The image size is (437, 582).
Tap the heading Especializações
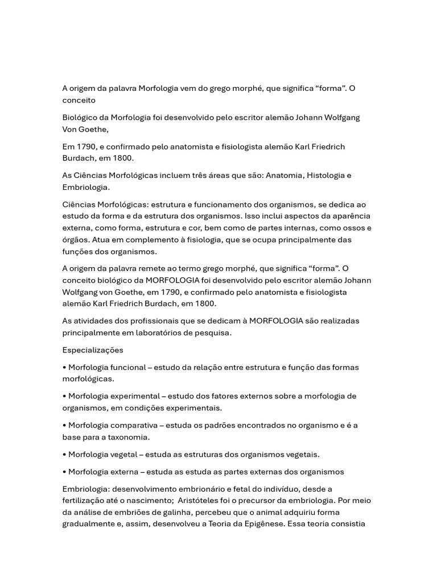coord(93,350)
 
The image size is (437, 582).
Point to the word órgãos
coord(76,240)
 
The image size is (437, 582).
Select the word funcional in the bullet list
coord(125,367)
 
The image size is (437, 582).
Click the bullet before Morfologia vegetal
coord(64,455)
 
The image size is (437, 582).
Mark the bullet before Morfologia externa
coord(64,472)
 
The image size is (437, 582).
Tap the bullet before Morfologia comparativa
coord(64,425)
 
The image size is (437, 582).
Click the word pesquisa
coord(213,333)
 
